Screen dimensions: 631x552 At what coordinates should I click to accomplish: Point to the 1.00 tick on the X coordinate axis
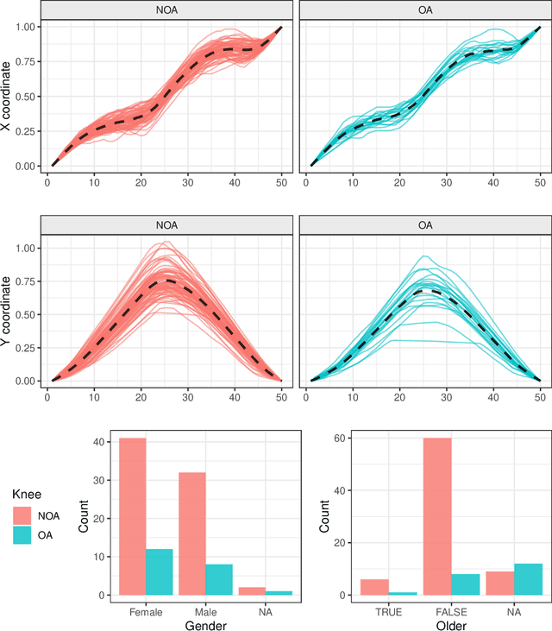[x=27, y=28]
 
